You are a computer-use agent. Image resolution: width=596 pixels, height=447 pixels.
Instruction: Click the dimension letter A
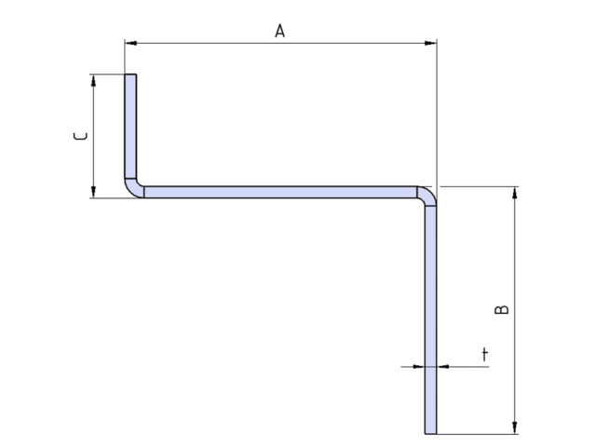click(279, 31)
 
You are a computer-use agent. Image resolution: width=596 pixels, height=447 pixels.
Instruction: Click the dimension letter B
click(502, 309)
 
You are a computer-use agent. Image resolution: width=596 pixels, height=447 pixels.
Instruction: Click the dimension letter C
click(82, 136)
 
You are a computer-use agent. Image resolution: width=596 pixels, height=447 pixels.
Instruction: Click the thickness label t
click(484, 355)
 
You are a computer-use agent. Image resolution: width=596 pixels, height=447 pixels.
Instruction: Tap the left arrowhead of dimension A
click(130, 42)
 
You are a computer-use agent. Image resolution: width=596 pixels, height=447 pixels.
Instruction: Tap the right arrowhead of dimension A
click(431, 42)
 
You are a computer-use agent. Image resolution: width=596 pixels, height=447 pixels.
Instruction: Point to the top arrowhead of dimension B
click(514, 192)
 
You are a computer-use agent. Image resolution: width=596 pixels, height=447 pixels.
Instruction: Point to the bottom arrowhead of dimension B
click(514, 427)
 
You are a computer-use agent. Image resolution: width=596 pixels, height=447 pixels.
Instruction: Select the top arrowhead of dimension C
click(93, 80)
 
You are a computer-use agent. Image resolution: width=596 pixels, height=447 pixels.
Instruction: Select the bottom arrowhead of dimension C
click(93, 192)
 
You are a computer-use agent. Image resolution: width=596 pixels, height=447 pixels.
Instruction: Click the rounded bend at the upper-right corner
click(427, 195)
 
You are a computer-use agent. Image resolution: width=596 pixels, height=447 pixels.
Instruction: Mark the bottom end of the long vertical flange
click(430, 432)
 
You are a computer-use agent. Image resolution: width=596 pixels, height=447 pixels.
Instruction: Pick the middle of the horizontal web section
click(279, 192)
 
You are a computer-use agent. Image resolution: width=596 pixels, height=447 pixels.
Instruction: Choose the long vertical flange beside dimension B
click(430, 317)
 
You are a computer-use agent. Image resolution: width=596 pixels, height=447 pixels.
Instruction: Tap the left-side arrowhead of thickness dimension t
click(419, 366)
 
